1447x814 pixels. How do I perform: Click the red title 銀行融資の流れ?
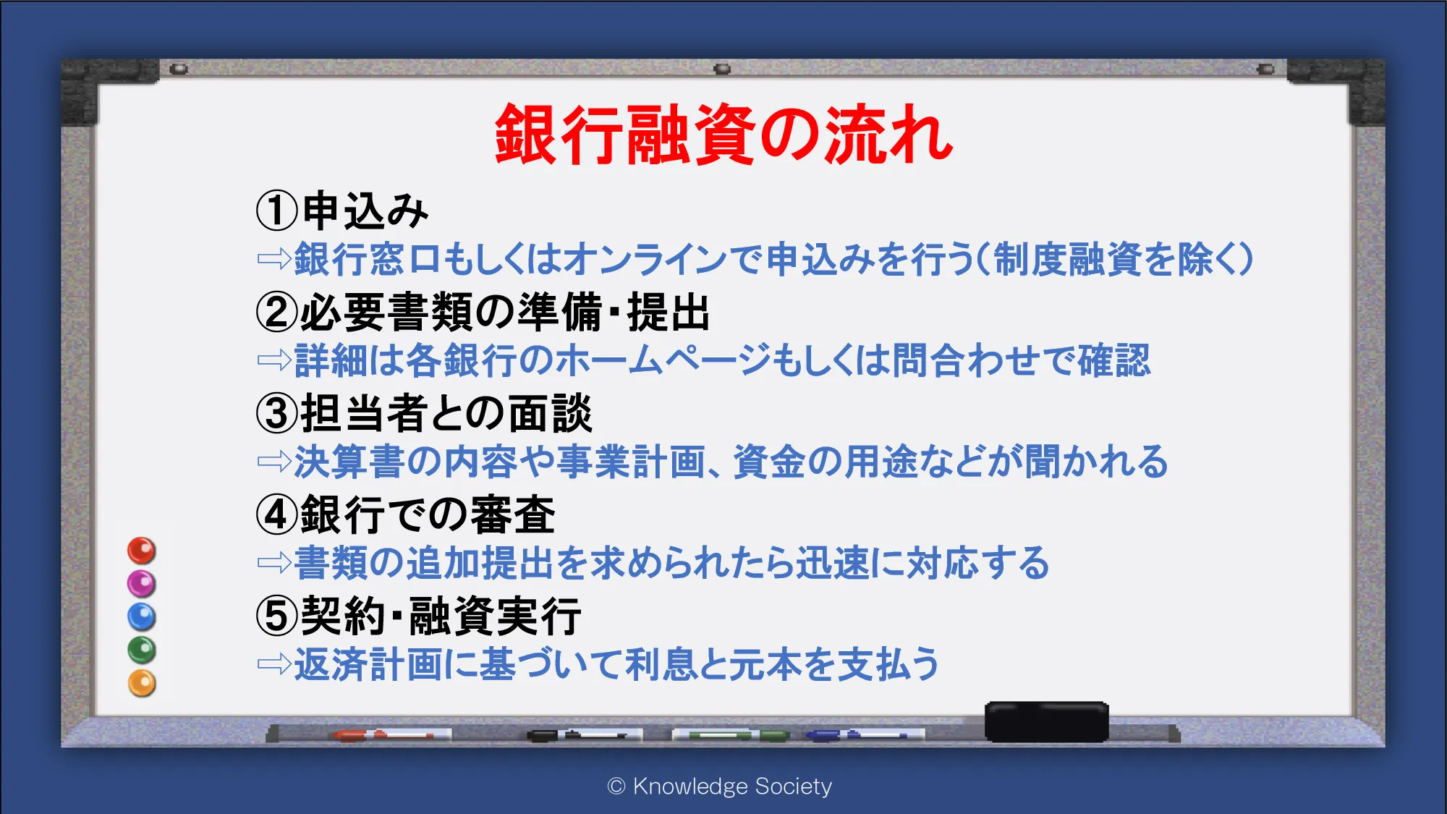pyautogui.click(x=724, y=135)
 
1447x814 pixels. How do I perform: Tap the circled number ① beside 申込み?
pyautogui.click(x=277, y=211)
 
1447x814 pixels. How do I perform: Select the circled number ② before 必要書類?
pyautogui.click(x=277, y=312)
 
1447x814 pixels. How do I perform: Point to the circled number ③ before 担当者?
pyautogui.click(x=277, y=413)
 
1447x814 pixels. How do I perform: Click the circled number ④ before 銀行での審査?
pyautogui.click(x=277, y=514)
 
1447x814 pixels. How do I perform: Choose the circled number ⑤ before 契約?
pyautogui.click(x=277, y=616)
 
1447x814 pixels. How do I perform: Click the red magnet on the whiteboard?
pyautogui.click(x=142, y=551)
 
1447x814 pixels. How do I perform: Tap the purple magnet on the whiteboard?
pyautogui.click(x=142, y=583)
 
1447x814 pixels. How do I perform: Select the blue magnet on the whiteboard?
pyautogui.click(x=142, y=616)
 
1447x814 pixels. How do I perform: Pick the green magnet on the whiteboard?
pyautogui.click(x=142, y=650)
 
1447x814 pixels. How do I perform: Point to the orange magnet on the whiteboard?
pyautogui.click(x=142, y=683)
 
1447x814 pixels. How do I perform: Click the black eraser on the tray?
pyautogui.click(x=1047, y=721)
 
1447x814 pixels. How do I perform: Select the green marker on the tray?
pyautogui.click(x=731, y=735)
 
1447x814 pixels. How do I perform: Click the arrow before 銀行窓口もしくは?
pyautogui.click(x=274, y=258)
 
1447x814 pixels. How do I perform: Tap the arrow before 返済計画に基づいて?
pyautogui.click(x=274, y=664)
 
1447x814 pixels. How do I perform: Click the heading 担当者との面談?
pyautogui.click(x=446, y=413)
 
